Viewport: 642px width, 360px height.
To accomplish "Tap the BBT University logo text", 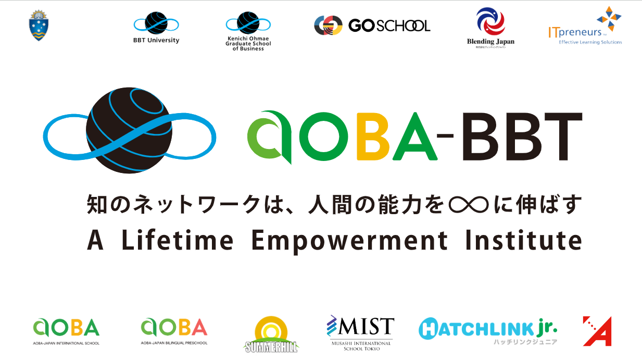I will [x=156, y=41].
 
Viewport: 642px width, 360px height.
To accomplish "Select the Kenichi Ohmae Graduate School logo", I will [x=248, y=31].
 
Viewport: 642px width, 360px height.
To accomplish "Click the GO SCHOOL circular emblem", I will [x=328, y=25].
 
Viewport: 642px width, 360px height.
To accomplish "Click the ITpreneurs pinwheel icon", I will [x=609, y=19].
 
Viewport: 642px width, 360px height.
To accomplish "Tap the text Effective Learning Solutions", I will [x=590, y=42].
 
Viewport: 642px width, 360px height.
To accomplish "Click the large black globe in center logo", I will [x=129, y=130].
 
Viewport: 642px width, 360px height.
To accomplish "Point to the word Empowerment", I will [x=349, y=240].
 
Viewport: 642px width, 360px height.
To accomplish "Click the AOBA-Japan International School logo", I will [x=66, y=331].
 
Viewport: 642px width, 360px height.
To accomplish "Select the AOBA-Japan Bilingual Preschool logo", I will [x=174, y=331].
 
